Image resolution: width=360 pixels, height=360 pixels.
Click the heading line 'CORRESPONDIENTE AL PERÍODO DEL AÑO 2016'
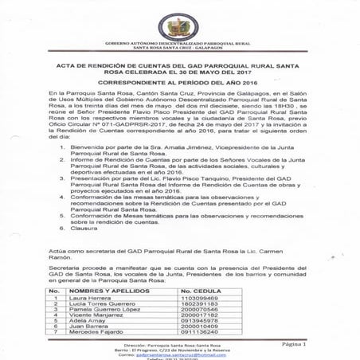coord(179,82)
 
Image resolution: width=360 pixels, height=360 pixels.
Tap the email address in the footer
coord(183,353)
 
